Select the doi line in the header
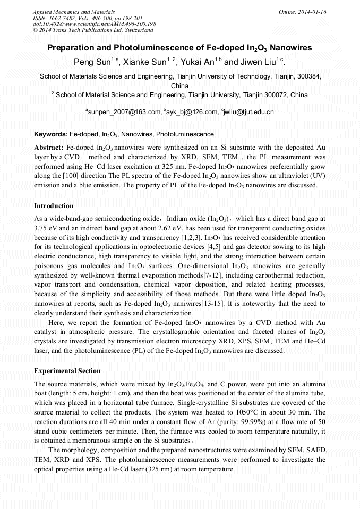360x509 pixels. (x=95, y=24)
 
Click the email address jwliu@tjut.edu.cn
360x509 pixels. (x=249, y=112)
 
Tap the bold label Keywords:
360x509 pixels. (x=51, y=134)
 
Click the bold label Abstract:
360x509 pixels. (x=49, y=146)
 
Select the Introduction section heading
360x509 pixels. (x=54, y=206)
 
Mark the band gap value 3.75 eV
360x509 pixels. (x=46, y=228)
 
